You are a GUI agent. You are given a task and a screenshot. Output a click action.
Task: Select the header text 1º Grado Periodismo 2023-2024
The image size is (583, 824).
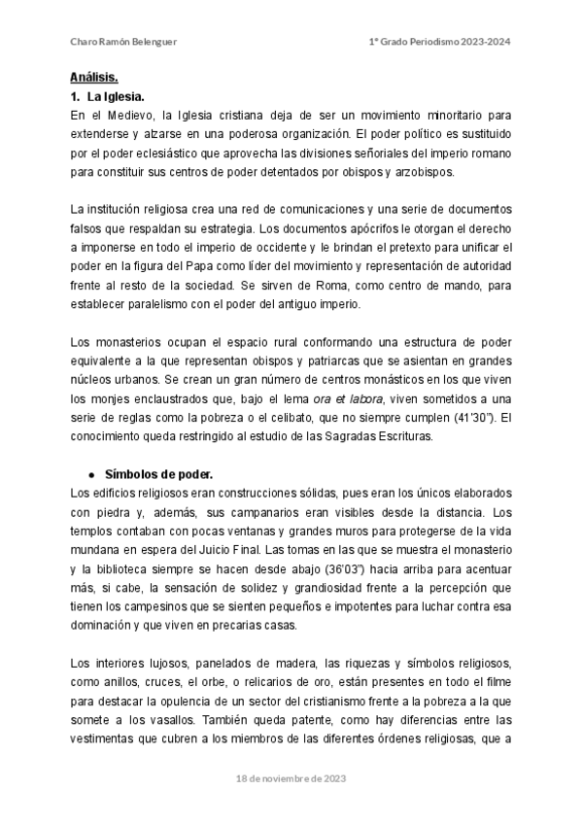pyautogui.click(x=440, y=41)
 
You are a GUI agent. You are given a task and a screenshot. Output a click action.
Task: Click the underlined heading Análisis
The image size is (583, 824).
pyautogui.click(x=94, y=77)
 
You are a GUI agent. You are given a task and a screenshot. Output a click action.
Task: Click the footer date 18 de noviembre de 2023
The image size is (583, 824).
pyautogui.click(x=291, y=779)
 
